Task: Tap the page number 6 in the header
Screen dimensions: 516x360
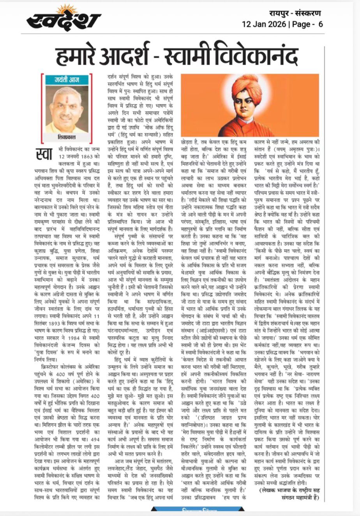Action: click(x=320, y=24)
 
